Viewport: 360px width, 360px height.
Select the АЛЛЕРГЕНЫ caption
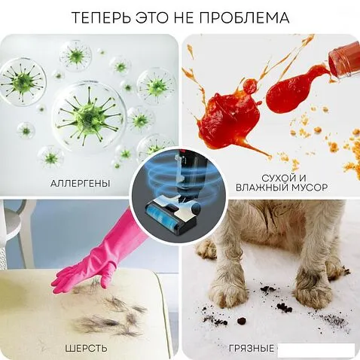pos(80,183)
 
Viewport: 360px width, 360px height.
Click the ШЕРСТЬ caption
pos(86,348)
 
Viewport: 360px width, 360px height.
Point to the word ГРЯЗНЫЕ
pos(252,348)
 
